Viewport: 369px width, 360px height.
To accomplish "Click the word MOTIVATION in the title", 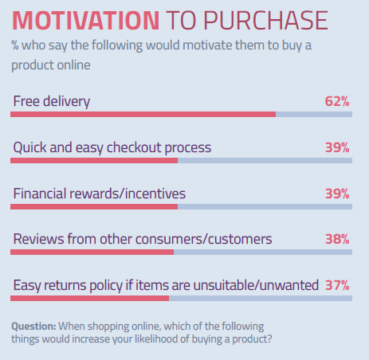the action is point(85,21).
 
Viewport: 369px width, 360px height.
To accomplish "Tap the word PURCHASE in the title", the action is point(265,21).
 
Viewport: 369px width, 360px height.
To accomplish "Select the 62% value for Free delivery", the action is point(337,101).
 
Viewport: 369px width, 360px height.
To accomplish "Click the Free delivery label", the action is point(52,102).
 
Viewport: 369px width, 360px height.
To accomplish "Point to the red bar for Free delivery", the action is point(143,115).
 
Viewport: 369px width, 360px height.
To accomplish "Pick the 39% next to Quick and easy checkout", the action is point(337,147).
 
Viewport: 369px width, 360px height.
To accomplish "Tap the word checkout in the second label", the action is point(134,147).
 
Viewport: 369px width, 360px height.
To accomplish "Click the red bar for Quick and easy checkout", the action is point(94,161).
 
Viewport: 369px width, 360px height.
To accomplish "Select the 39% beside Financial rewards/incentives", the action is point(337,194).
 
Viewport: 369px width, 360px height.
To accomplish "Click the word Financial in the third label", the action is point(39,194).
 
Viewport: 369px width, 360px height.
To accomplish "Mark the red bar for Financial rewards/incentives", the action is point(94,206).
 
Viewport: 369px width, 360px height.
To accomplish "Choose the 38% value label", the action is point(337,239).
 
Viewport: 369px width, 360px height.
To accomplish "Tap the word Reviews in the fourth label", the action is point(38,239).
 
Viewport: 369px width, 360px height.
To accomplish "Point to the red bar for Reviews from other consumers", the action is point(92,252).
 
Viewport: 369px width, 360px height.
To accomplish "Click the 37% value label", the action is point(337,285).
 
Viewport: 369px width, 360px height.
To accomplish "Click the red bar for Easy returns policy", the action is point(90,298).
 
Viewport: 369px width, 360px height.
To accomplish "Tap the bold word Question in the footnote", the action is point(33,327).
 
